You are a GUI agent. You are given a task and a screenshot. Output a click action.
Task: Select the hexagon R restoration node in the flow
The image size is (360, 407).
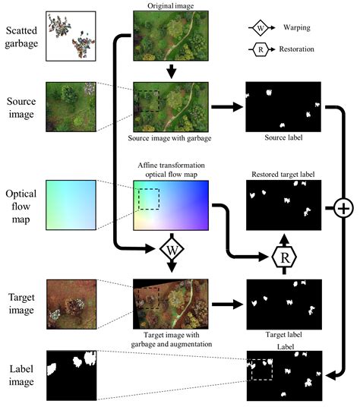[284, 257]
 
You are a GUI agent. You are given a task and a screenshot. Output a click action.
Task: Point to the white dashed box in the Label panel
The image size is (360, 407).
[261, 369]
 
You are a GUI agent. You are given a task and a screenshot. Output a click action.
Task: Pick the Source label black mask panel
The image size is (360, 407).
[283, 107]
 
